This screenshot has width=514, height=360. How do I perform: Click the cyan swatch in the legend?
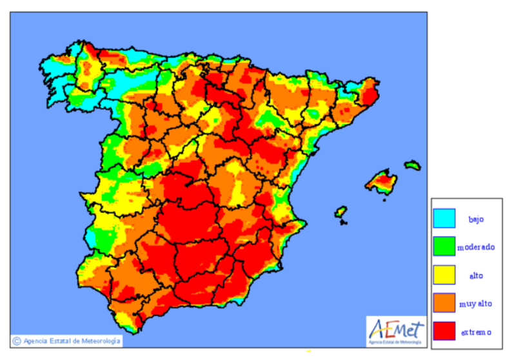click(444, 218)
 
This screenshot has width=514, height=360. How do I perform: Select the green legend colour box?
click(444, 246)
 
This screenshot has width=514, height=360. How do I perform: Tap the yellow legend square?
click(444, 275)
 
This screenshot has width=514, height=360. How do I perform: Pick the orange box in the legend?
click(444, 303)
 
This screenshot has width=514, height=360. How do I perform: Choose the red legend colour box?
click(444, 332)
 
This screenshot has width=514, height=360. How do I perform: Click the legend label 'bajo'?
click(476, 219)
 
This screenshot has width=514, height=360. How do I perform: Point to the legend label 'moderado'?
click(476, 247)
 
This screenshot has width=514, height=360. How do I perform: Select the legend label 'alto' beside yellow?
click(476, 275)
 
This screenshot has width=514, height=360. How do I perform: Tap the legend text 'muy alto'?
click(476, 304)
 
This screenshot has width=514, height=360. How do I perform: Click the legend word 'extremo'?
click(476, 332)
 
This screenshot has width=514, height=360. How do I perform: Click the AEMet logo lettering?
click(396, 329)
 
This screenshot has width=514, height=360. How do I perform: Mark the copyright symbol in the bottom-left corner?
click(17, 341)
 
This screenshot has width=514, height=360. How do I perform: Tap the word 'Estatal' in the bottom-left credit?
click(57, 341)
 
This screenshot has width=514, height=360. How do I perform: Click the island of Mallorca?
click(382, 182)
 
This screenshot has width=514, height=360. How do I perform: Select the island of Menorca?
click(413, 165)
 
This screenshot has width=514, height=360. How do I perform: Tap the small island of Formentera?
click(344, 223)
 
